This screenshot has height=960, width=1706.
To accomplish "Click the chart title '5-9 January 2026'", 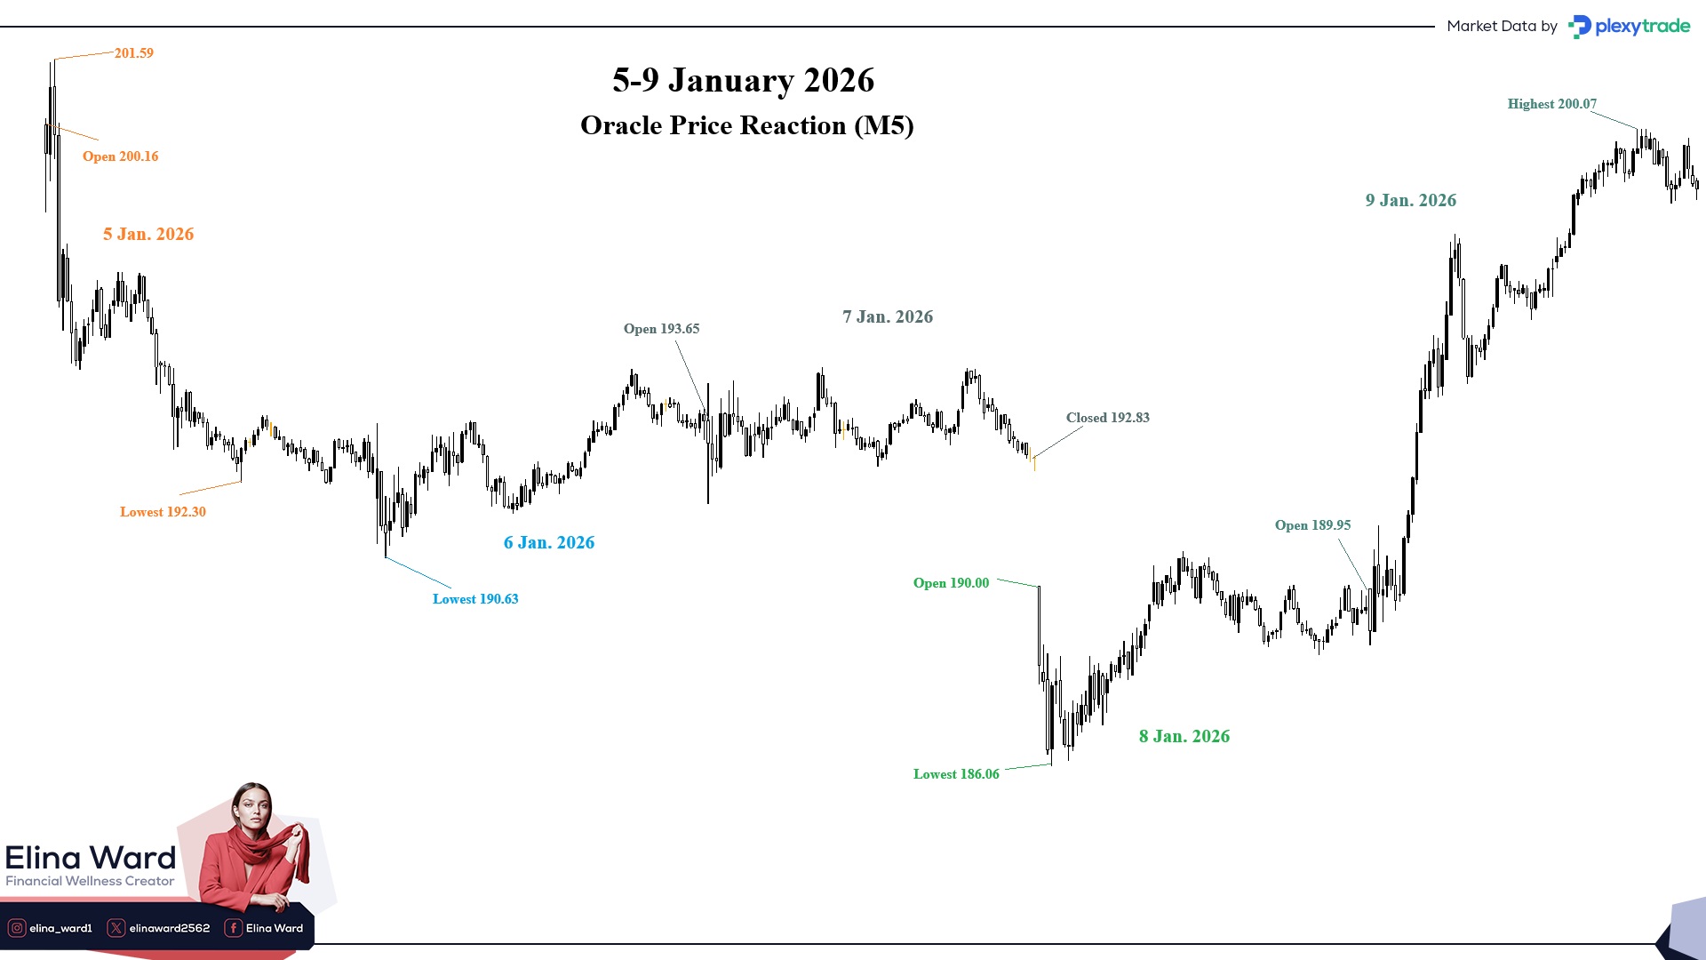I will [x=743, y=81].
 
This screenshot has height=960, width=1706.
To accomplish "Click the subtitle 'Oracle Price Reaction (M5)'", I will [x=746, y=125].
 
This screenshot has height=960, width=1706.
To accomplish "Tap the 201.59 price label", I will [x=134, y=53].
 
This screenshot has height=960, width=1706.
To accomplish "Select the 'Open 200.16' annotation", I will [x=120, y=156].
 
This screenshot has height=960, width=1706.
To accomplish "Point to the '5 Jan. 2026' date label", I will [x=148, y=235].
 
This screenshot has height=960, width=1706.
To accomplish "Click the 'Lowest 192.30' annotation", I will [x=163, y=512].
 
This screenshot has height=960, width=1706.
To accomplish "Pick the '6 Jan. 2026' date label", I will [x=549, y=543].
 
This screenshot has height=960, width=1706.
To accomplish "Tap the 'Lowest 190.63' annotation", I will [x=475, y=599].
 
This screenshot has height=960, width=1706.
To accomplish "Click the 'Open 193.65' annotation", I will [x=661, y=329].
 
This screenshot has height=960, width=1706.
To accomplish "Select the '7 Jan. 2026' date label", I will [x=888, y=317].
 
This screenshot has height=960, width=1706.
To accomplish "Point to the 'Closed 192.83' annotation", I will [x=1107, y=418].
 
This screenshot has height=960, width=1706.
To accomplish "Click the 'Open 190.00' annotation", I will [x=951, y=583].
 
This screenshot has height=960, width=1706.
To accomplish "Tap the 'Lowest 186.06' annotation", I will [x=956, y=774].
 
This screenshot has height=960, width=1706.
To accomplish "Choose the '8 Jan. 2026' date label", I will [x=1184, y=737].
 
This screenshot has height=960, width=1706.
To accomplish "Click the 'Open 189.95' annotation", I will [x=1312, y=525].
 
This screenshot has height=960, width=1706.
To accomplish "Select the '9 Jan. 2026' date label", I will [x=1411, y=201].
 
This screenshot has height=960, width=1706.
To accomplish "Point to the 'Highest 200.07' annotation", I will [x=1551, y=104].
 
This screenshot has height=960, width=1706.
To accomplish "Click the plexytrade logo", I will [x=1630, y=27].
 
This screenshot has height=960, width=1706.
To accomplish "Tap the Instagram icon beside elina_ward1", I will [x=16, y=928].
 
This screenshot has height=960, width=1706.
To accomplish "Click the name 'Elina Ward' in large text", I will [x=91, y=858].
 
